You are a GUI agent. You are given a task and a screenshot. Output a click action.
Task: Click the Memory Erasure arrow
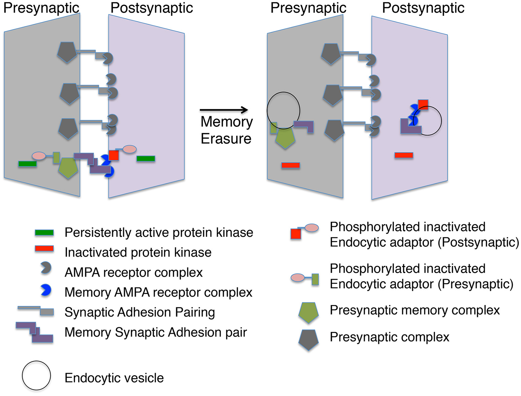pyautogui.click(x=224, y=110)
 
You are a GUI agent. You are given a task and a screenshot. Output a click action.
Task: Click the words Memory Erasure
pyautogui.click(x=226, y=130)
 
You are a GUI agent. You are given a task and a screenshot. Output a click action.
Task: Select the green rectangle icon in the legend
pyautogui.click(x=44, y=233)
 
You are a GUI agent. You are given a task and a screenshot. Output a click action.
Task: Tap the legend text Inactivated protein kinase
pyautogui.click(x=138, y=252)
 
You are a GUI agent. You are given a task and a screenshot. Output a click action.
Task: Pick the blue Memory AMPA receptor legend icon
pyautogui.click(x=45, y=290)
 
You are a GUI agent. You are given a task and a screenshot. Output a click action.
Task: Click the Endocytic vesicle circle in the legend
pyautogui.click(x=36, y=376)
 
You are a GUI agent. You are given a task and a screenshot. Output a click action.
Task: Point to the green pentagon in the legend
pyautogui.click(x=308, y=312)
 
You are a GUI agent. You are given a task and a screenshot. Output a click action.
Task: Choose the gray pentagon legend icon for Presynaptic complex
pyautogui.click(x=308, y=340)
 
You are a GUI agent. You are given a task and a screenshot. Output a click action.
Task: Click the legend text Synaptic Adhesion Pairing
pyautogui.click(x=140, y=312)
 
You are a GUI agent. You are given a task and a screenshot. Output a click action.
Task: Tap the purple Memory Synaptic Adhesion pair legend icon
pyautogui.click(x=35, y=332)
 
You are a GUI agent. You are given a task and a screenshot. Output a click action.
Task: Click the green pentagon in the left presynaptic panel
pyautogui.click(x=68, y=167)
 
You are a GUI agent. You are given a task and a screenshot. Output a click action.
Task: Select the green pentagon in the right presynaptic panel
pyautogui.click(x=285, y=138)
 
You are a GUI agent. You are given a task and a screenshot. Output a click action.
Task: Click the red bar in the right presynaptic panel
pyautogui.click(x=291, y=165)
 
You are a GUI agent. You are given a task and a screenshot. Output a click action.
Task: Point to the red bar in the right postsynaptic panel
pyautogui.click(x=404, y=155)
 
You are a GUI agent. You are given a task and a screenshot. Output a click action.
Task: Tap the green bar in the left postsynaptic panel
pyautogui.click(x=146, y=158)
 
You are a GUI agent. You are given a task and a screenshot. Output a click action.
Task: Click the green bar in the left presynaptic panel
pyautogui.click(x=27, y=164)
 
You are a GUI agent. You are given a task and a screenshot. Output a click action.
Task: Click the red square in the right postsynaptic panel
pyautogui.click(x=423, y=104)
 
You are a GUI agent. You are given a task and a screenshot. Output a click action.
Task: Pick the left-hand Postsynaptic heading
pyautogui.click(x=152, y=8)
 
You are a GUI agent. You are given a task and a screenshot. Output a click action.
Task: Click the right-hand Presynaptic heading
pyautogui.click(x=308, y=8)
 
